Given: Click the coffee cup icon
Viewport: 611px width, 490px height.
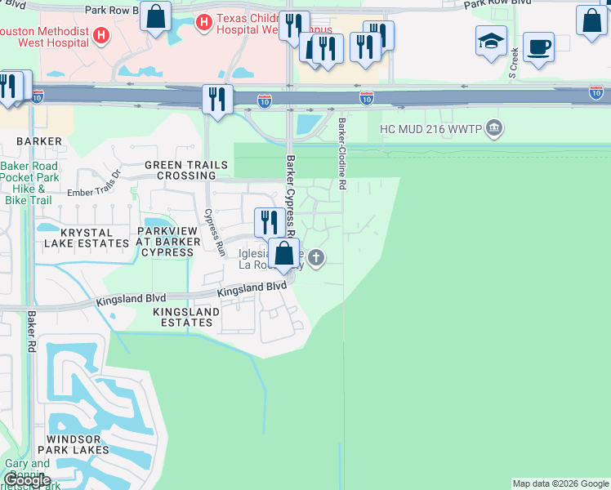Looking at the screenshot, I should click(x=538, y=47).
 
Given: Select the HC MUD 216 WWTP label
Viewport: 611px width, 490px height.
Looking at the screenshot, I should click(x=430, y=129).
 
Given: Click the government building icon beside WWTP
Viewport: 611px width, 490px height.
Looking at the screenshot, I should click(x=493, y=128).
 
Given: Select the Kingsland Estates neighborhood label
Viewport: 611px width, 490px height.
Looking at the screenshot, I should click(x=186, y=317).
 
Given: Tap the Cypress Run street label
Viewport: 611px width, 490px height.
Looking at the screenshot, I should click(x=214, y=233).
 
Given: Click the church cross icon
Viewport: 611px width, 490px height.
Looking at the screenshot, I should click(x=317, y=259).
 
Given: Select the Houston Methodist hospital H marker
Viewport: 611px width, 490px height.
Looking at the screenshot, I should click(x=100, y=35).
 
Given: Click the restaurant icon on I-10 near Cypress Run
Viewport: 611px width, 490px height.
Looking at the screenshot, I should click(x=217, y=100).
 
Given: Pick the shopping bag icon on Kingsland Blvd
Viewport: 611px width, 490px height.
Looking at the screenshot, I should click(x=283, y=253).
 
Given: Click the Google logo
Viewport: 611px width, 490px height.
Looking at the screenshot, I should click(x=27, y=480).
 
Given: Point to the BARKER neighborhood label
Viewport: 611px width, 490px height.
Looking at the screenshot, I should click(x=38, y=141).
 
